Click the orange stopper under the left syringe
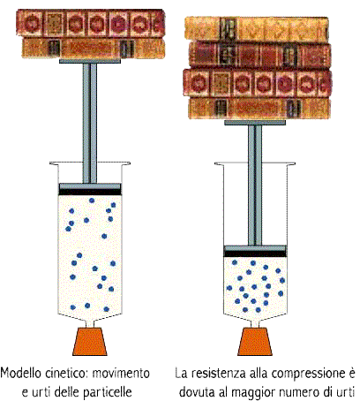click(90, 341)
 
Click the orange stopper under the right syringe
click(255, 341)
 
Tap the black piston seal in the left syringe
click(90, 193)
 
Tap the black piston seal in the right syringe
click(255, 253)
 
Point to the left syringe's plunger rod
click(90, 123)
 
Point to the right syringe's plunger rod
click(255, 185)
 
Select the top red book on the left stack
click(91, 23)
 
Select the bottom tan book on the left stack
click(94, 48)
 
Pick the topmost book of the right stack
click(257, 29)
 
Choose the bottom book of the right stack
click(259, 108)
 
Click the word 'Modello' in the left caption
click(21, 374)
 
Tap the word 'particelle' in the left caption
click(108, 392)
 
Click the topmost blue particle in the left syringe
click(92, 200)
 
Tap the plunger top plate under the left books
click(90, 61)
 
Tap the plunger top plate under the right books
click(255, 123)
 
